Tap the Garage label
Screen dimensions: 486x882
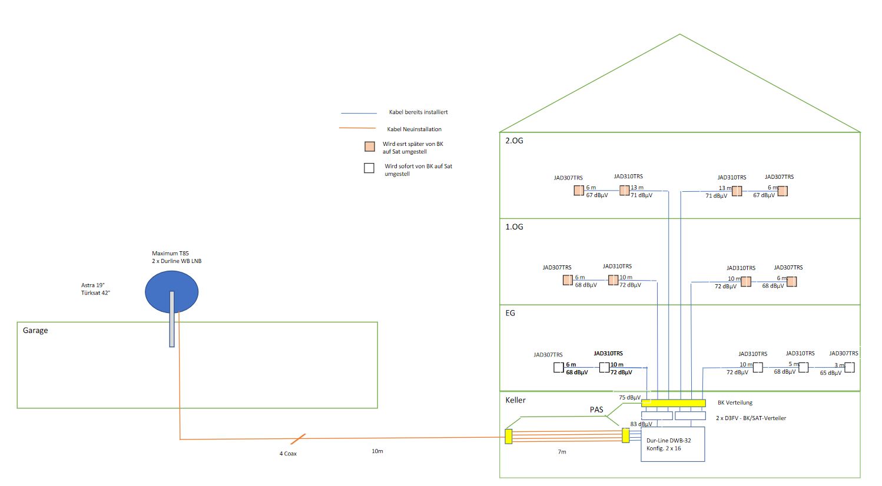[x=35, y=331]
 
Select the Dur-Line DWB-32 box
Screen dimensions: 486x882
[x=672, y=445]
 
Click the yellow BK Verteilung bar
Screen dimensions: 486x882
[x=673, y=403]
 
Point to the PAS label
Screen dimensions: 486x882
[x=596, y=410]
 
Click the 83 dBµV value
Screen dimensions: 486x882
[x=641, y=424]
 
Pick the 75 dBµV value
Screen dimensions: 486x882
[x=629, y=398]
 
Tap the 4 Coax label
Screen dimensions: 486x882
[x=288, y=454]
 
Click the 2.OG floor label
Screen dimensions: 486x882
[x=514, y=141]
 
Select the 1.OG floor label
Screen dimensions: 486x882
[x=514, y=227]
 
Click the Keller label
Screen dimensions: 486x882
[x=515, y=400]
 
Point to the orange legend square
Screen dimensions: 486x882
[x=370, y=147]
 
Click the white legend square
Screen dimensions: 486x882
[x=369, y=168]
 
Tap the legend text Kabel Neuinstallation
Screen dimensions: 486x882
[x=414, y=129]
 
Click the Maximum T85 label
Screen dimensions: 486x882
[x=170, y=254]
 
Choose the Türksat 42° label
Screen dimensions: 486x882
[x=95, y=293]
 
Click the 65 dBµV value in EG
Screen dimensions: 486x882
[x=830, y=373]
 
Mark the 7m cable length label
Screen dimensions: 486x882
[x=562, y=452]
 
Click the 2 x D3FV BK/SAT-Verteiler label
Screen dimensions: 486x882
[x=751, y=418]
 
